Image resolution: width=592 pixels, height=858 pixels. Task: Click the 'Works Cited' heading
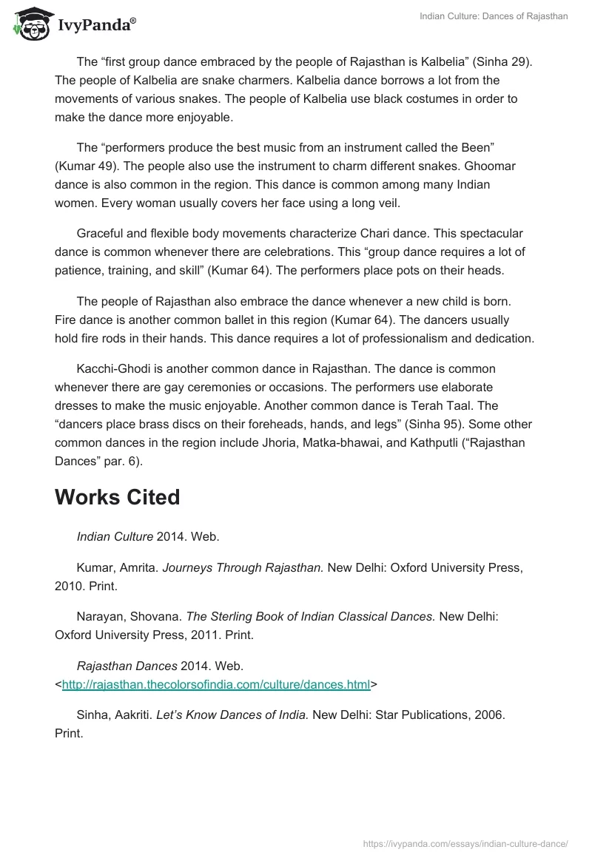pyautogui.click(x=118, y=497)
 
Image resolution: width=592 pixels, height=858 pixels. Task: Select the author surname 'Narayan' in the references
pyautogui.click(x=99, y=615)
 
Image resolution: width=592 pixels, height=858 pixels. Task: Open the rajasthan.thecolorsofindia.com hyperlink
pyautogui.click(x=216, y=685)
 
